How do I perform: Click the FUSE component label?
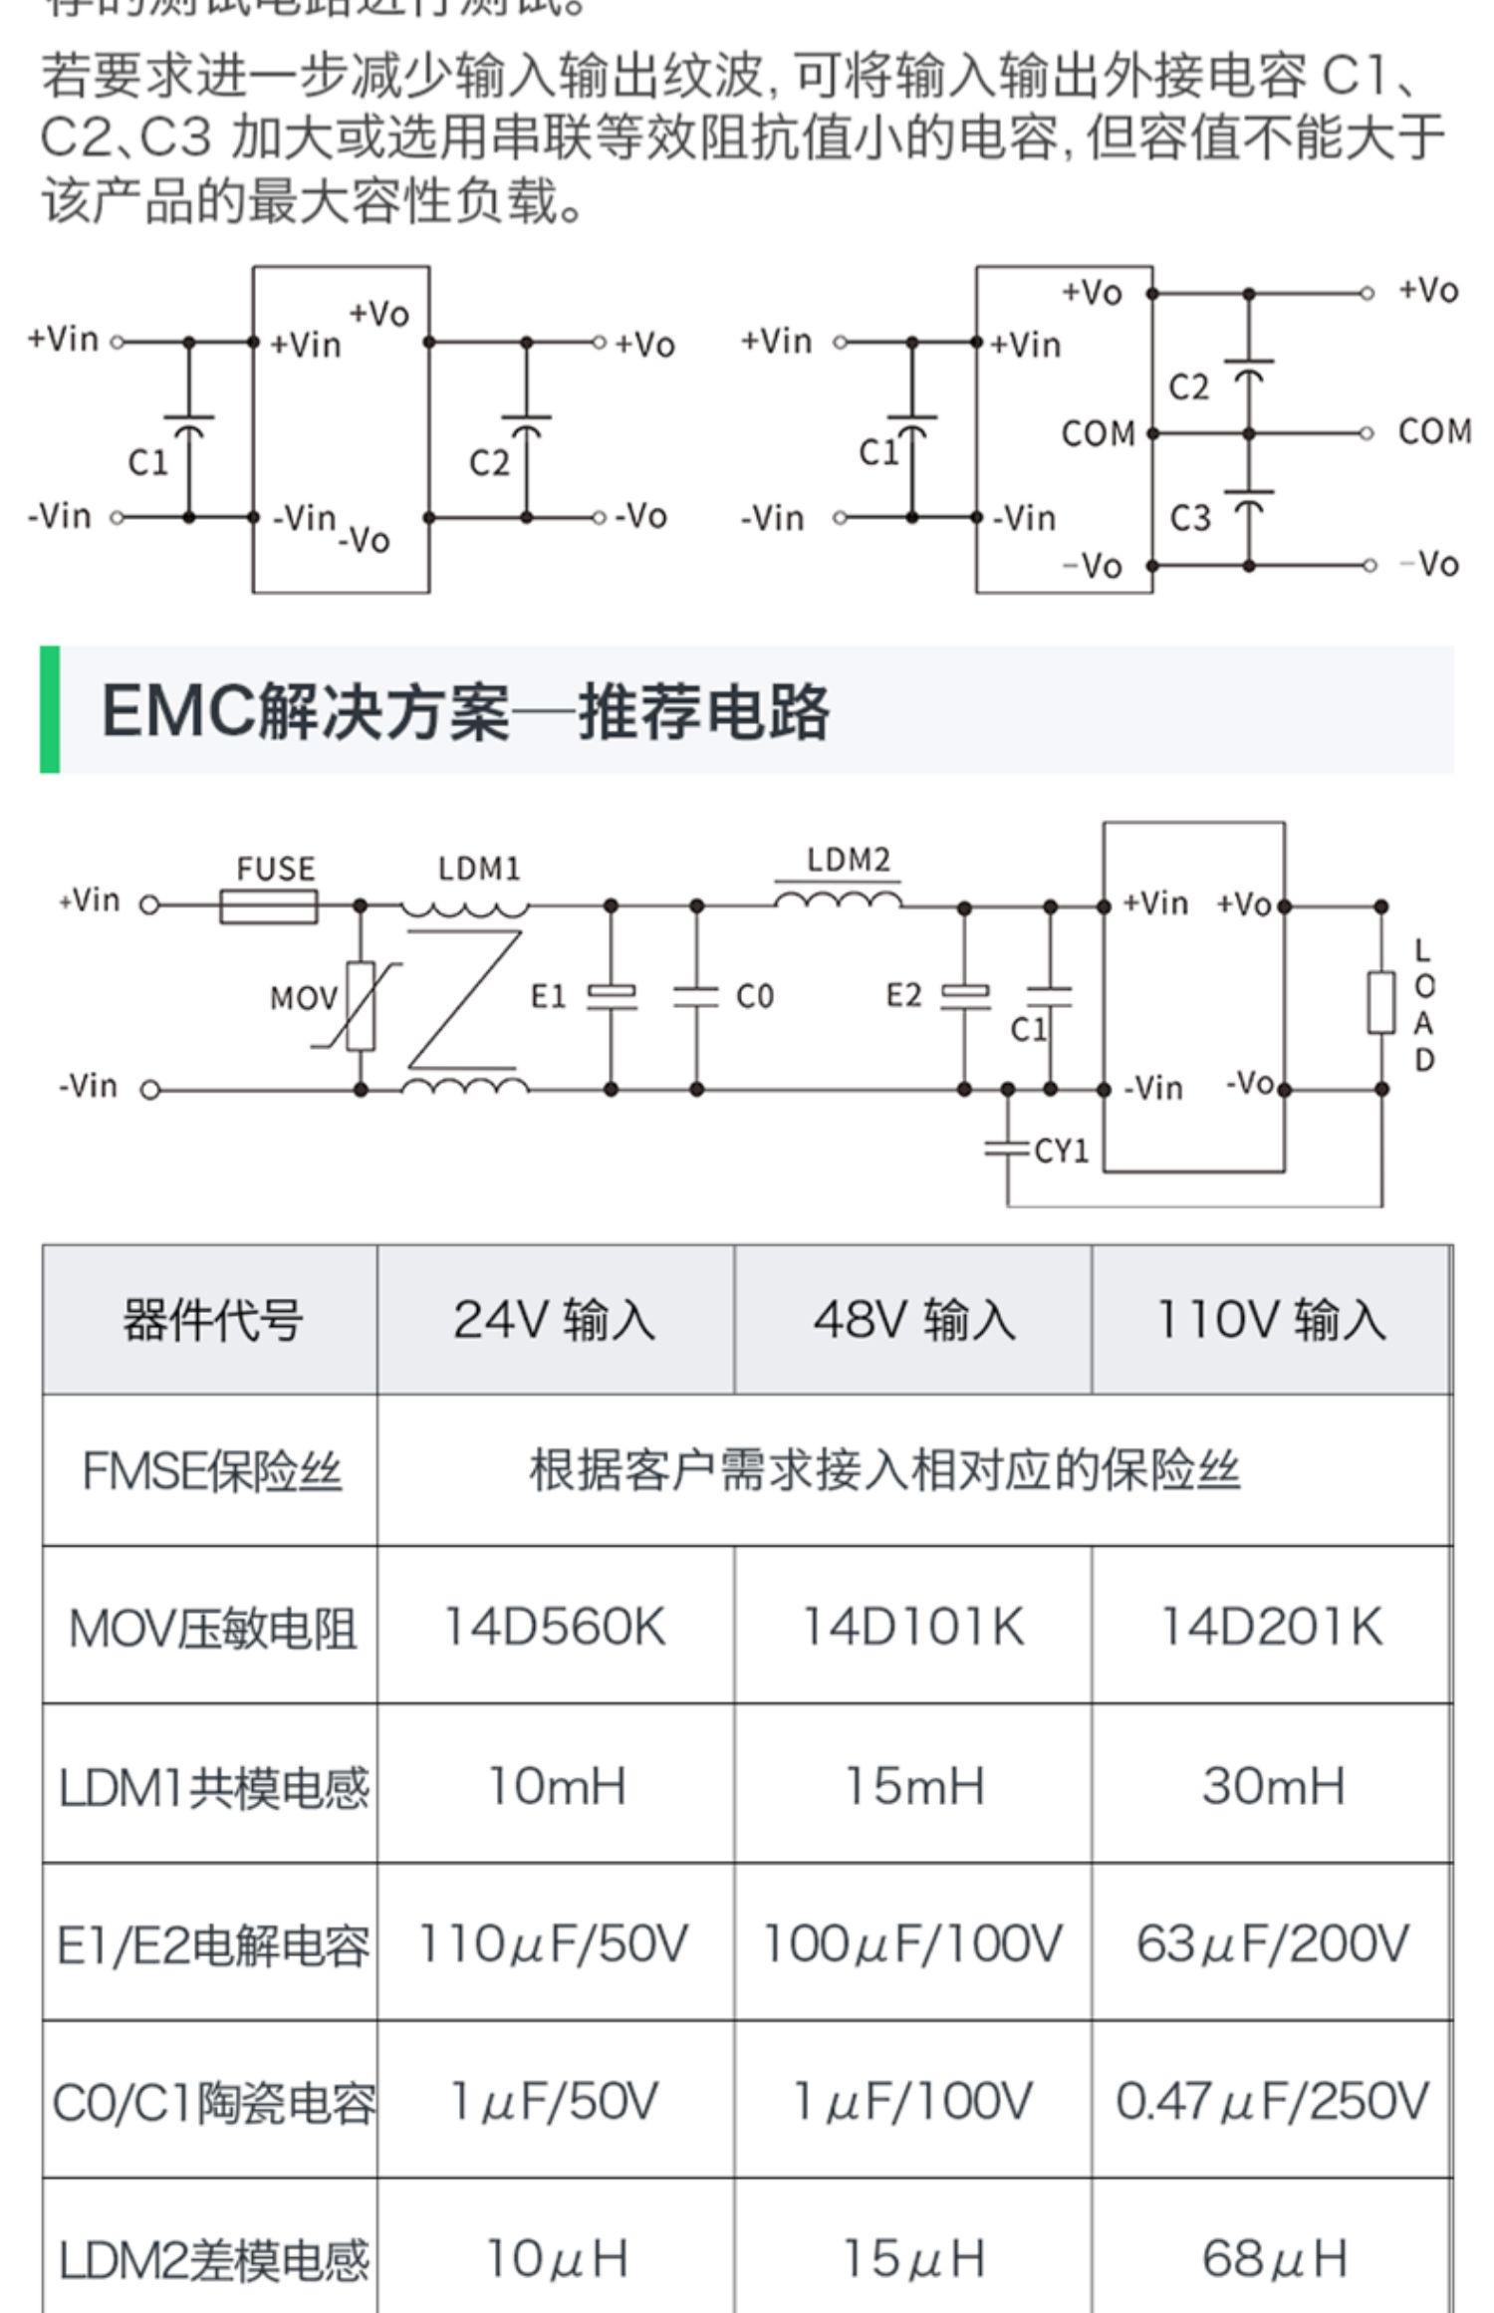pos(275,869)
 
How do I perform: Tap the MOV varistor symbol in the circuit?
pos(361,1006)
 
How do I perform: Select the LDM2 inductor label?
pos(848,860)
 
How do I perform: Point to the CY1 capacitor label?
pos(1061,1152)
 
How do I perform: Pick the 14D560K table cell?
pos(555,1627)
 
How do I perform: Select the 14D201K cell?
pos(1272,1627)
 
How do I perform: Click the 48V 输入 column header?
pos(913,1320)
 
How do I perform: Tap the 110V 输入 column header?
pos(1271,1320)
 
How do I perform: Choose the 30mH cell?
pos(1272,1785)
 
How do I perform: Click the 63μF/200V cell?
pos(1272,1943)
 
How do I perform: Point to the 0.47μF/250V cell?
pos(1272,2101)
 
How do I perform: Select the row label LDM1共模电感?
pos(212,1787)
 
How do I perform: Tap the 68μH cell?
pos(1272,2259)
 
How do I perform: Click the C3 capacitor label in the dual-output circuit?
pos(1189,518)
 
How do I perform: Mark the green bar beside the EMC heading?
pos(50,709)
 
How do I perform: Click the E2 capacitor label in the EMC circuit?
pos(903,995)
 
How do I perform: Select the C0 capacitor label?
pos(754,996)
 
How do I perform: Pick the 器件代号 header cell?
pos(212,1321)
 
